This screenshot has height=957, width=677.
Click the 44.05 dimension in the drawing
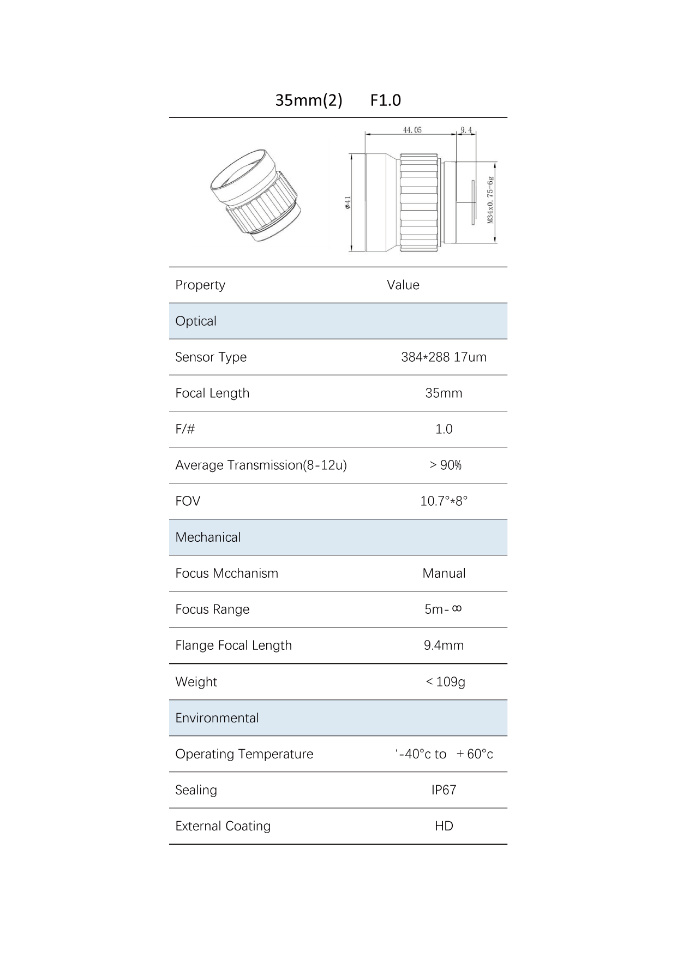point(412,130)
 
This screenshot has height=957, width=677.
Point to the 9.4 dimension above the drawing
point(466,130)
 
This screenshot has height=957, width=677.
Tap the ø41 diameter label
point(348,202)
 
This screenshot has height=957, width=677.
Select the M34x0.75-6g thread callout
point(490,200)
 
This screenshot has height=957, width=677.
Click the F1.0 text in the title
point(385,100)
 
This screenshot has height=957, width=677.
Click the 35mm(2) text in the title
point(308,100)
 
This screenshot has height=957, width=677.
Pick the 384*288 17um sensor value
point(444,357)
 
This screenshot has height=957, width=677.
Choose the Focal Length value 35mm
point(444,393)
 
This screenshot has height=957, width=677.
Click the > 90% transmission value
point(445,465)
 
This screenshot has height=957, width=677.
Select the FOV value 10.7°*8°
point(444,501)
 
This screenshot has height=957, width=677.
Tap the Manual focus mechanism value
point(444,573)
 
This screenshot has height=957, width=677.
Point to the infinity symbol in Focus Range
point(457,608)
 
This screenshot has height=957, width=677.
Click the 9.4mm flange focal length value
point(444,645)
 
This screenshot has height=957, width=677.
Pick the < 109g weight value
point(445,682)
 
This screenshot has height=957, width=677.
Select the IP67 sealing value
point(444,790)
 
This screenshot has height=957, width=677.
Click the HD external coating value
point(444,826)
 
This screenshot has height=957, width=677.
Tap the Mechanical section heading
point(208,537)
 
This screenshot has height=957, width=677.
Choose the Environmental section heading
point(217,718)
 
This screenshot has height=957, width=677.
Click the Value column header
point(403,285)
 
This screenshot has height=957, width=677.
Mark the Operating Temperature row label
point(244,754)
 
